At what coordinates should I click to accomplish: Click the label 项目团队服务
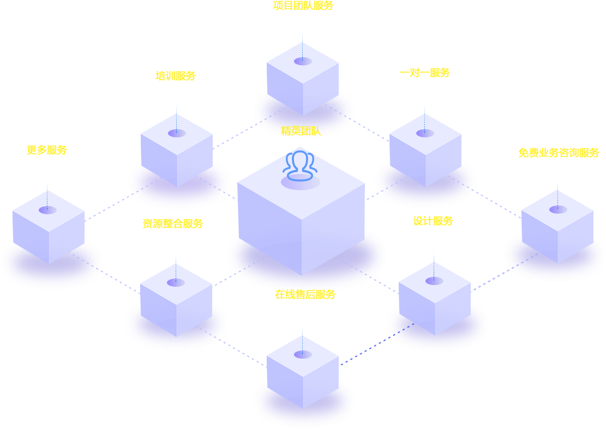click(x=303, y=6)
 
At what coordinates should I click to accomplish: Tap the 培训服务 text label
click(x=176, y=76)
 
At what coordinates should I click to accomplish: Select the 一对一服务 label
click(x=425, y=72)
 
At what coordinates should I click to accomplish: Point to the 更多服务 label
click(x=47, y=150)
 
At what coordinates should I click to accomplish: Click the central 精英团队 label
click(x=301, y=131)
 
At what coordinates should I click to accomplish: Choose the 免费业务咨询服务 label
click(x=559, y=153)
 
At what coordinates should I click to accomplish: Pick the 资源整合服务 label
click(x=173, y=223)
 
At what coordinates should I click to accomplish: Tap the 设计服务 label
click(x=433, y=221)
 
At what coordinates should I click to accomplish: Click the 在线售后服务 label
click(x=305, y=295)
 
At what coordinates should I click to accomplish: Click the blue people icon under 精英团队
click(x=300, y=166)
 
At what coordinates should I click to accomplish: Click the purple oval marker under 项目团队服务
click(x=303, y=61)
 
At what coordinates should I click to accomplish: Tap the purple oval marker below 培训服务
click(x=177, y=133)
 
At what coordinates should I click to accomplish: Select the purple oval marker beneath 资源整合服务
click(x=176, y=282)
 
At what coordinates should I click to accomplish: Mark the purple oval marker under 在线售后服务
click(x=303, y=354)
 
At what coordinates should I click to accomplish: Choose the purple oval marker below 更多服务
click(x=47, y=210)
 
